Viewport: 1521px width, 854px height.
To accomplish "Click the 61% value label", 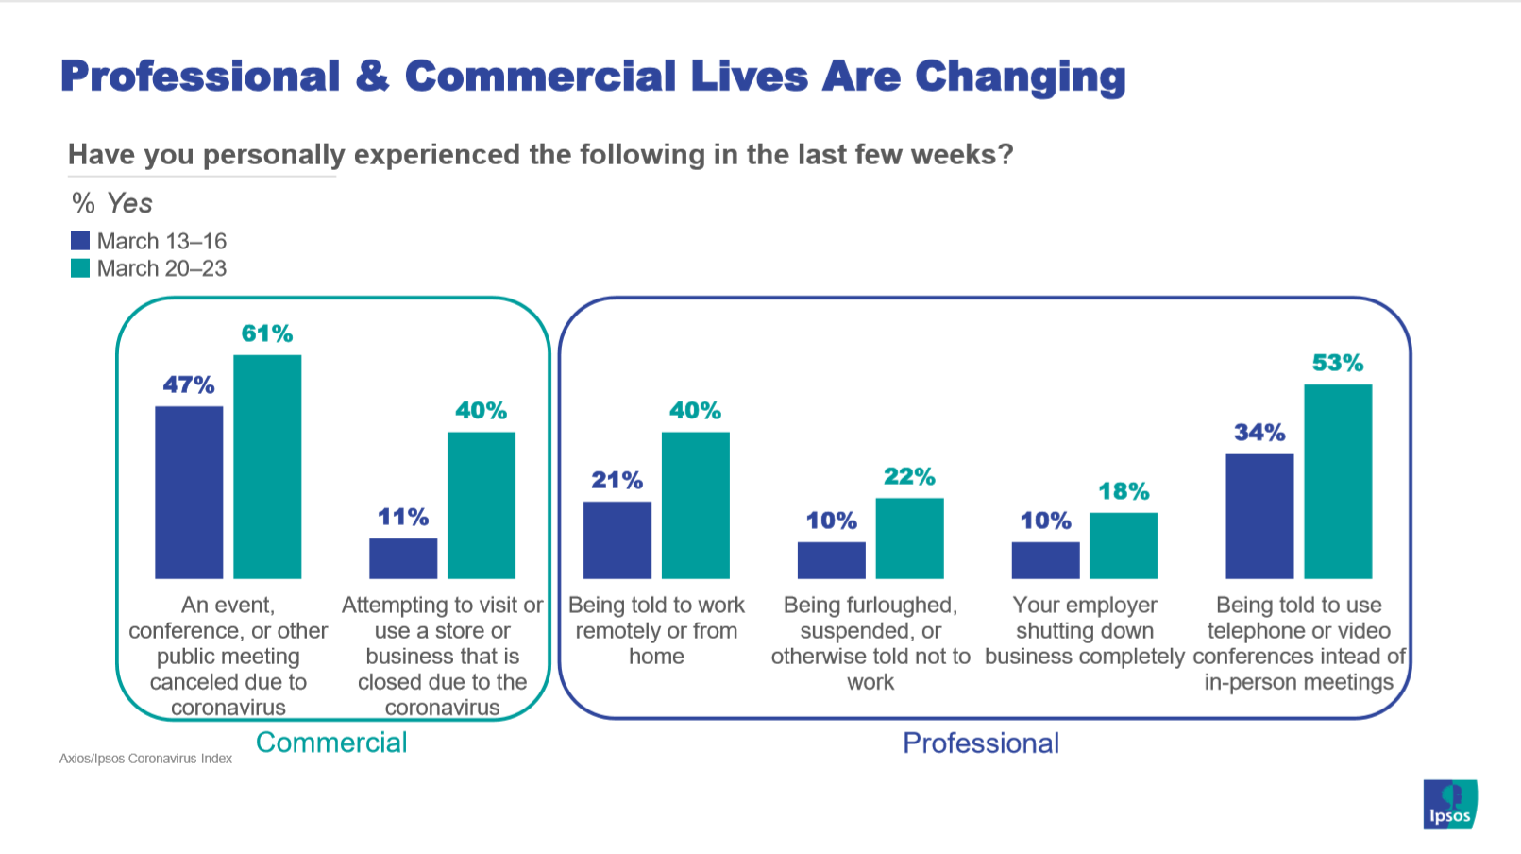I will click(x=267, y=333).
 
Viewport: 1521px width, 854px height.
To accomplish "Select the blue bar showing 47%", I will click(x=189, y=492).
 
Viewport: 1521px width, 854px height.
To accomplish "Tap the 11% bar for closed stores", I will click(x=403, y=558).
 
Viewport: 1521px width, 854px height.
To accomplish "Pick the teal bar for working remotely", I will click(x=695, y=505).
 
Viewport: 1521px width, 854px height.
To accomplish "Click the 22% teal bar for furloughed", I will click(x=909, y=538).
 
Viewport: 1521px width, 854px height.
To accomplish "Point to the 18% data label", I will click(x=1124, y=491).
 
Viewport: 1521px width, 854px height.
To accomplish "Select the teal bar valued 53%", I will click(x=1338, y=481).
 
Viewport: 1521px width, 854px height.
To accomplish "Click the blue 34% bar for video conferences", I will click(x=1259, y=516).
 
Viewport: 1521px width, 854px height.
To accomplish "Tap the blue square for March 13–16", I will click(x=80, y=241).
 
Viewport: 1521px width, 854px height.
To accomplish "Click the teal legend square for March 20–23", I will click(x=80, y=268).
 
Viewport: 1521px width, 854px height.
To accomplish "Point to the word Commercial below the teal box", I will click(x=331, y=743).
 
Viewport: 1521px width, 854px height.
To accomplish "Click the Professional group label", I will click(x=981, y=743).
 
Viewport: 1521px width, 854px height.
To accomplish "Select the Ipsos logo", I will click(x=1449, y=805).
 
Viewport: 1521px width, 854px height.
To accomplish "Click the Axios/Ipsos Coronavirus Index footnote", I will click(x=145, y=759).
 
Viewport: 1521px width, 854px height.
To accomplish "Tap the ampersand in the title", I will click(x=373, y=77).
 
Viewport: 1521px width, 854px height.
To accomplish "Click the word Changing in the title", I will click(x=1020, y=77).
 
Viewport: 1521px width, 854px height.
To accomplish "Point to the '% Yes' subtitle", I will click(x=111, y=203).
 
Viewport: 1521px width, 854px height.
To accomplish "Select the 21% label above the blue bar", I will click(x=617, y=481).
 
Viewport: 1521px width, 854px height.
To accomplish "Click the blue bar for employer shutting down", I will click(x=1045, y=560).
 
